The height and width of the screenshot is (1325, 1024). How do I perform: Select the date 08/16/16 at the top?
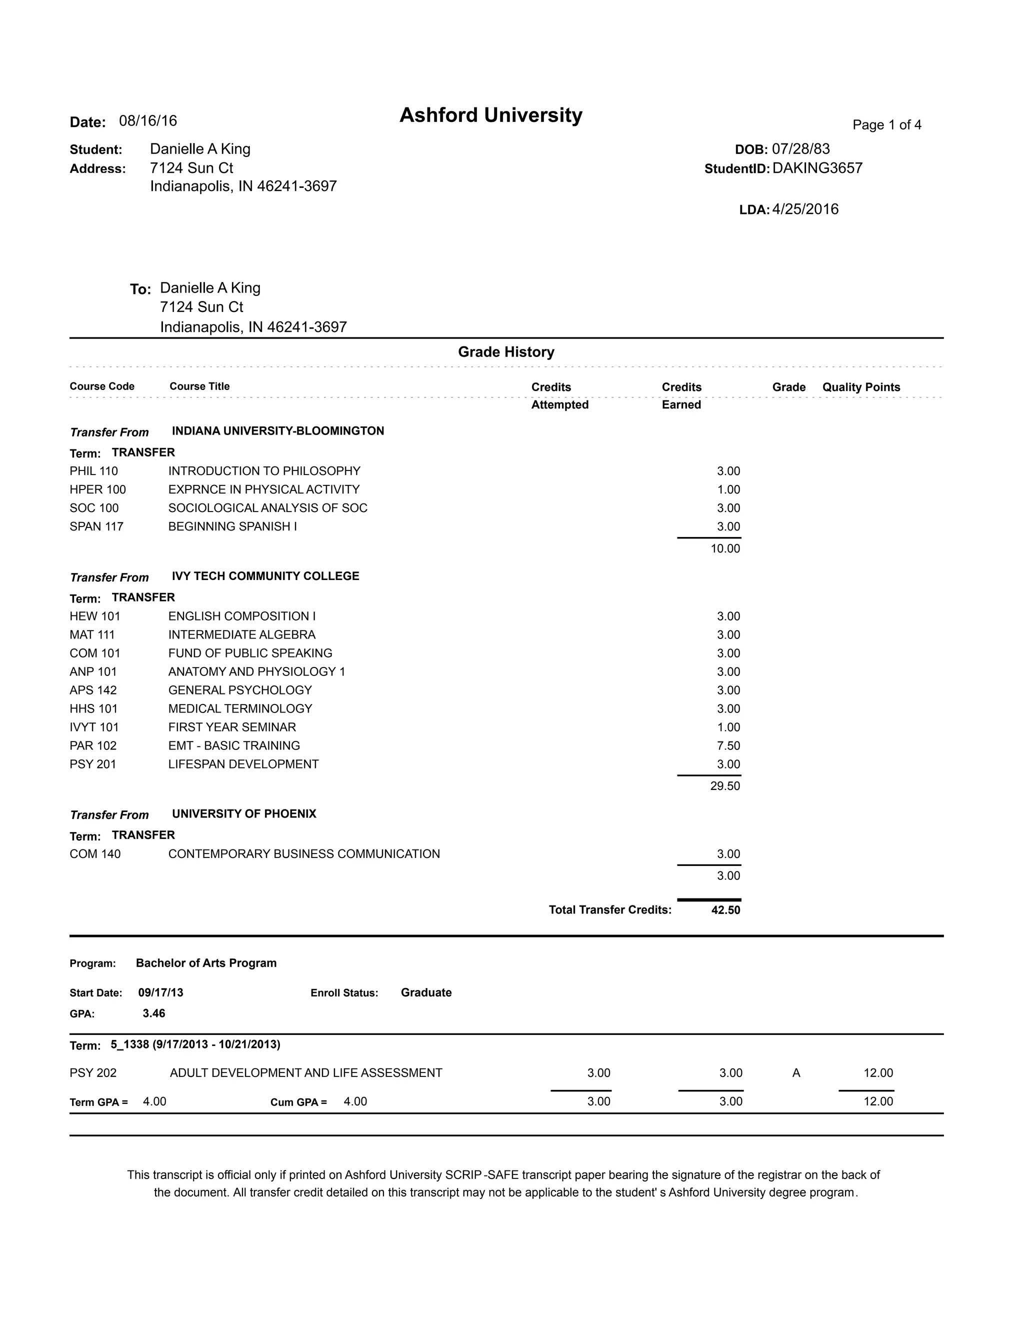tap(147, 120)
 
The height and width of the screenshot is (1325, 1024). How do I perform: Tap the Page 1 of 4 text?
tap(886, 125)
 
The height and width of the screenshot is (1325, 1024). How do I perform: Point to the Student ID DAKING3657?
tap(816, 168)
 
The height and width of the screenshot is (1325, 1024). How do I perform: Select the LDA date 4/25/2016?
tap(804, 209)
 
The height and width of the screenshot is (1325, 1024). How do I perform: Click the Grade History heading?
tap(506, 352)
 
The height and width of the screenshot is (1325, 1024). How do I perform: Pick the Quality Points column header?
tap(861, 387)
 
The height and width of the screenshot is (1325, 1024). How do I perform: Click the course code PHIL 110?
tap(94, 471)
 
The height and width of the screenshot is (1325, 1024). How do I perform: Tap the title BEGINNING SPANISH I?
tap(232, 526)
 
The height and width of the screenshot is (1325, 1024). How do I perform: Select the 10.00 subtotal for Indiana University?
tap(725, 548)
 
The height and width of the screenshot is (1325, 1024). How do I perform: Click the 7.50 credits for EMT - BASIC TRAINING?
tap(728, 745)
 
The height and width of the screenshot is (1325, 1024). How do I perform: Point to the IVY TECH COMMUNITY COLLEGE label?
tap(265, 575)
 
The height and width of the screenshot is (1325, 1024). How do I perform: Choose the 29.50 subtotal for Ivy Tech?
tap(725, 786)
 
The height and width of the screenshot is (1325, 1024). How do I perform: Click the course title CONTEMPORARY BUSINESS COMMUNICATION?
tap(304, 853)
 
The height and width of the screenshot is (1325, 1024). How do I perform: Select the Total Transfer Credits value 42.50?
tap(725, 910)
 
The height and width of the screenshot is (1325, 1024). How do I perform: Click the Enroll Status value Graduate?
tap(426, 992)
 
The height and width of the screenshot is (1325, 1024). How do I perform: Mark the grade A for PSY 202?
tap(796, 1073)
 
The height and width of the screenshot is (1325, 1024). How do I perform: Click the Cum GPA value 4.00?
tap(355, 1101)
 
